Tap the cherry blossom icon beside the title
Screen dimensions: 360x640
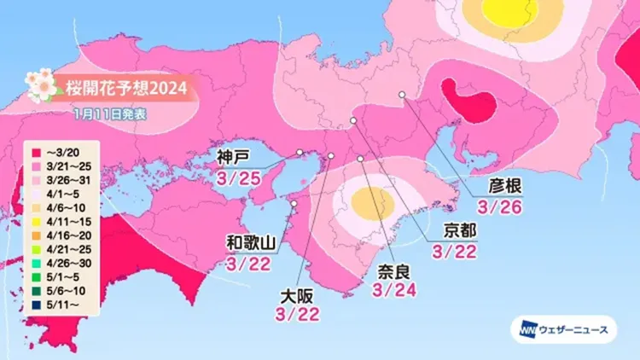(40, 84)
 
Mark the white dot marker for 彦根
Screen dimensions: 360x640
(402, 96)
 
